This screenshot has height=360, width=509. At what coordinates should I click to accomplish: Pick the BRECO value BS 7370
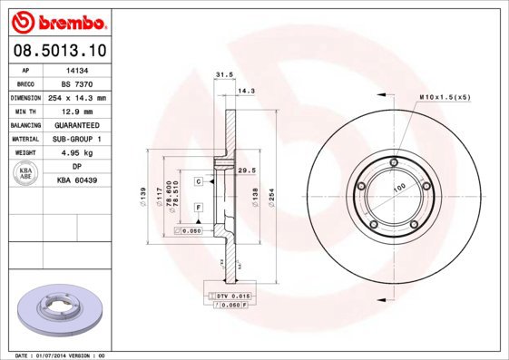(76, 82)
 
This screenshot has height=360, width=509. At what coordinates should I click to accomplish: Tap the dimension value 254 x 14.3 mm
(76, 96)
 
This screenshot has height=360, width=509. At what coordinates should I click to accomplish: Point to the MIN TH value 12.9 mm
(76, 110)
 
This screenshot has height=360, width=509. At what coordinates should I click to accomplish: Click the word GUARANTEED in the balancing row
(76, 124)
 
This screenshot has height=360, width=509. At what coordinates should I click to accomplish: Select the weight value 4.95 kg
(76, 152)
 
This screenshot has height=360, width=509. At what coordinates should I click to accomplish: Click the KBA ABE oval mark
(26, 174)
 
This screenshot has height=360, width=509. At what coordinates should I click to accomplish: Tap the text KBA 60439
(76, 180)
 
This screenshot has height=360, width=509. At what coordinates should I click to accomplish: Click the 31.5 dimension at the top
(219, 75)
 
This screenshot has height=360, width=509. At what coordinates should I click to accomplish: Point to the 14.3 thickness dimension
(245, 90)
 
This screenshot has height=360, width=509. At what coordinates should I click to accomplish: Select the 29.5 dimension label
(244, 170)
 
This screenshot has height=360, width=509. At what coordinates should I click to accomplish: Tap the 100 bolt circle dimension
(397, 187)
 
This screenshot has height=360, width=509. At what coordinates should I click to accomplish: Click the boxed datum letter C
(197, 181)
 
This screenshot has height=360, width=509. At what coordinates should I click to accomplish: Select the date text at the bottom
(62, 355)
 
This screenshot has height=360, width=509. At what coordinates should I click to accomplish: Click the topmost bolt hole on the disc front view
(392, 163)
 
